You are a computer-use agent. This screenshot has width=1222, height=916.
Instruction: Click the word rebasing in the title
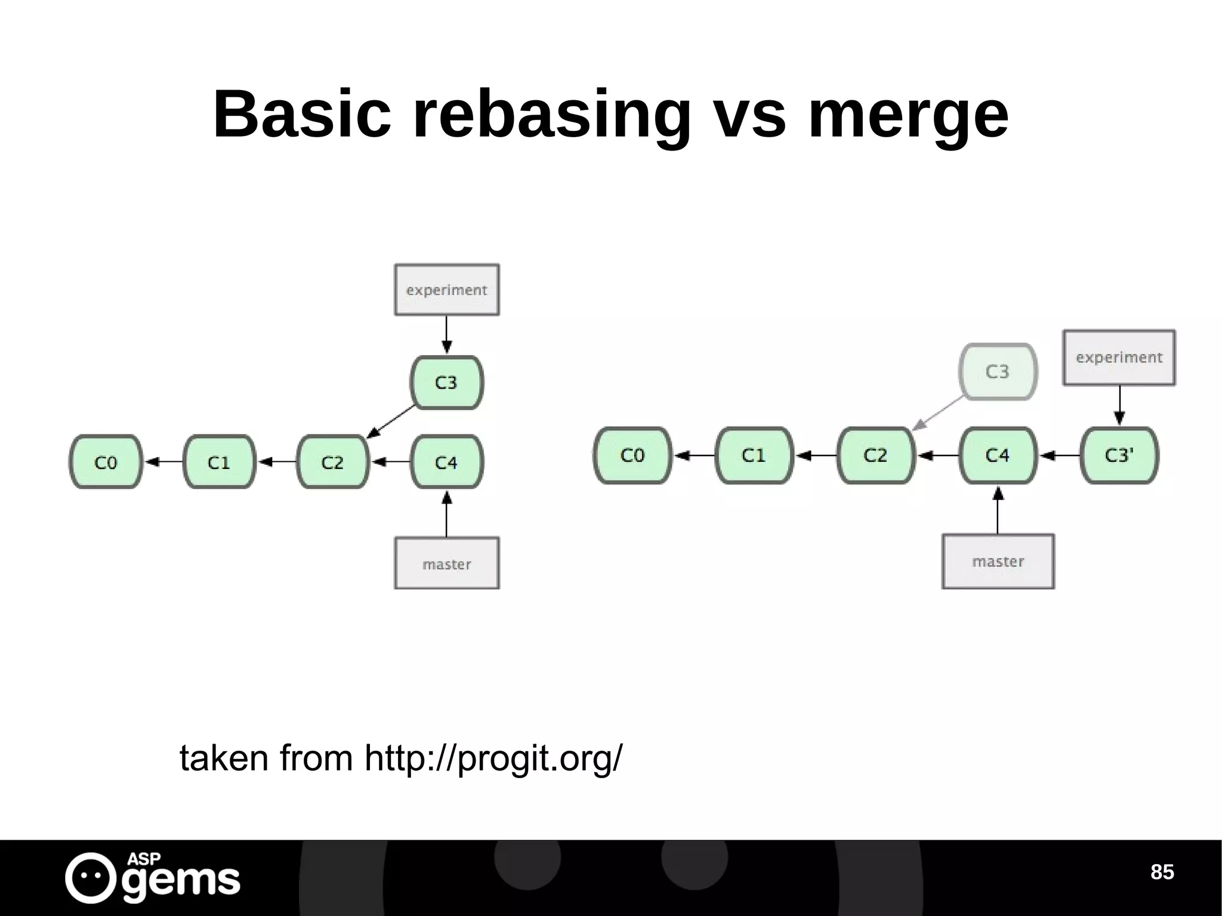[551, 115]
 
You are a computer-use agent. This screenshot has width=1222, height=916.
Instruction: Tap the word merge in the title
[908, 115]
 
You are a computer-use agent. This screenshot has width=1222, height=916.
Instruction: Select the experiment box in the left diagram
[447, 290]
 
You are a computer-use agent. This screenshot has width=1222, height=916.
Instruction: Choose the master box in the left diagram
[447, 563]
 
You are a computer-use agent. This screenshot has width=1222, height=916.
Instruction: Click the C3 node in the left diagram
[446, 383]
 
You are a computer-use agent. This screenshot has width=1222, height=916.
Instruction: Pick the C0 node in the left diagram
[106, 462]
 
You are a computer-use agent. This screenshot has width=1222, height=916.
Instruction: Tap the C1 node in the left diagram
[219, 462]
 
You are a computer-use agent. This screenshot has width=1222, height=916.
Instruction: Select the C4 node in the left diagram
[446, 462]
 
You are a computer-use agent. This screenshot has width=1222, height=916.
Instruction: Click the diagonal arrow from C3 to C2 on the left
[391, 421]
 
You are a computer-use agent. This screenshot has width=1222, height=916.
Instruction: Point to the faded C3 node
[998, 372]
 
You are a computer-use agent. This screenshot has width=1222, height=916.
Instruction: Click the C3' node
[1119, 455]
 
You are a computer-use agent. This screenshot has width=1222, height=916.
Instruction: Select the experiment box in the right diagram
[1119, 357]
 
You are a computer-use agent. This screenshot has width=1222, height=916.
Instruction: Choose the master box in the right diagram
[998, 562]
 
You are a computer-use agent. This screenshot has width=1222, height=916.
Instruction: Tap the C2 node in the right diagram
[875, 455]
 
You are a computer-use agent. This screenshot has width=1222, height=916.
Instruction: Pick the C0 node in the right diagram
[632, 455]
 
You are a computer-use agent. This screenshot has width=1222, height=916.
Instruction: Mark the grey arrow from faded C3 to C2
[937, 413]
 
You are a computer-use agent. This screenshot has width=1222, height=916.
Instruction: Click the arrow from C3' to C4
[1060, 456]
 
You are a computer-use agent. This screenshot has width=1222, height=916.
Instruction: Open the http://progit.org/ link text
[493, 758]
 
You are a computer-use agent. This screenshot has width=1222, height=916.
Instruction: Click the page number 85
[1162, 872]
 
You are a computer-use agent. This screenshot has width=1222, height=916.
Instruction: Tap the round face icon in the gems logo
[90, 877]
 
